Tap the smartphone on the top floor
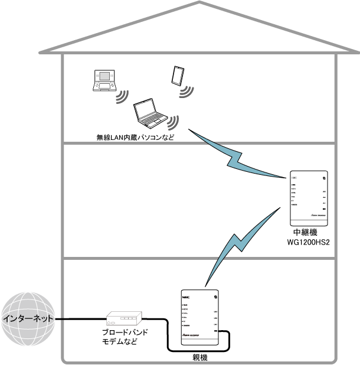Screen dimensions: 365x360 (x=177, y=75)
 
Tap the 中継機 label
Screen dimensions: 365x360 (x=309, y=234)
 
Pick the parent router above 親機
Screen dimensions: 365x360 (x=199, y=317)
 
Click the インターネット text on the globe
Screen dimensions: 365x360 (x=28, y=318)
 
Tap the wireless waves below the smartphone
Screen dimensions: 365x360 (x=187, y=91)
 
